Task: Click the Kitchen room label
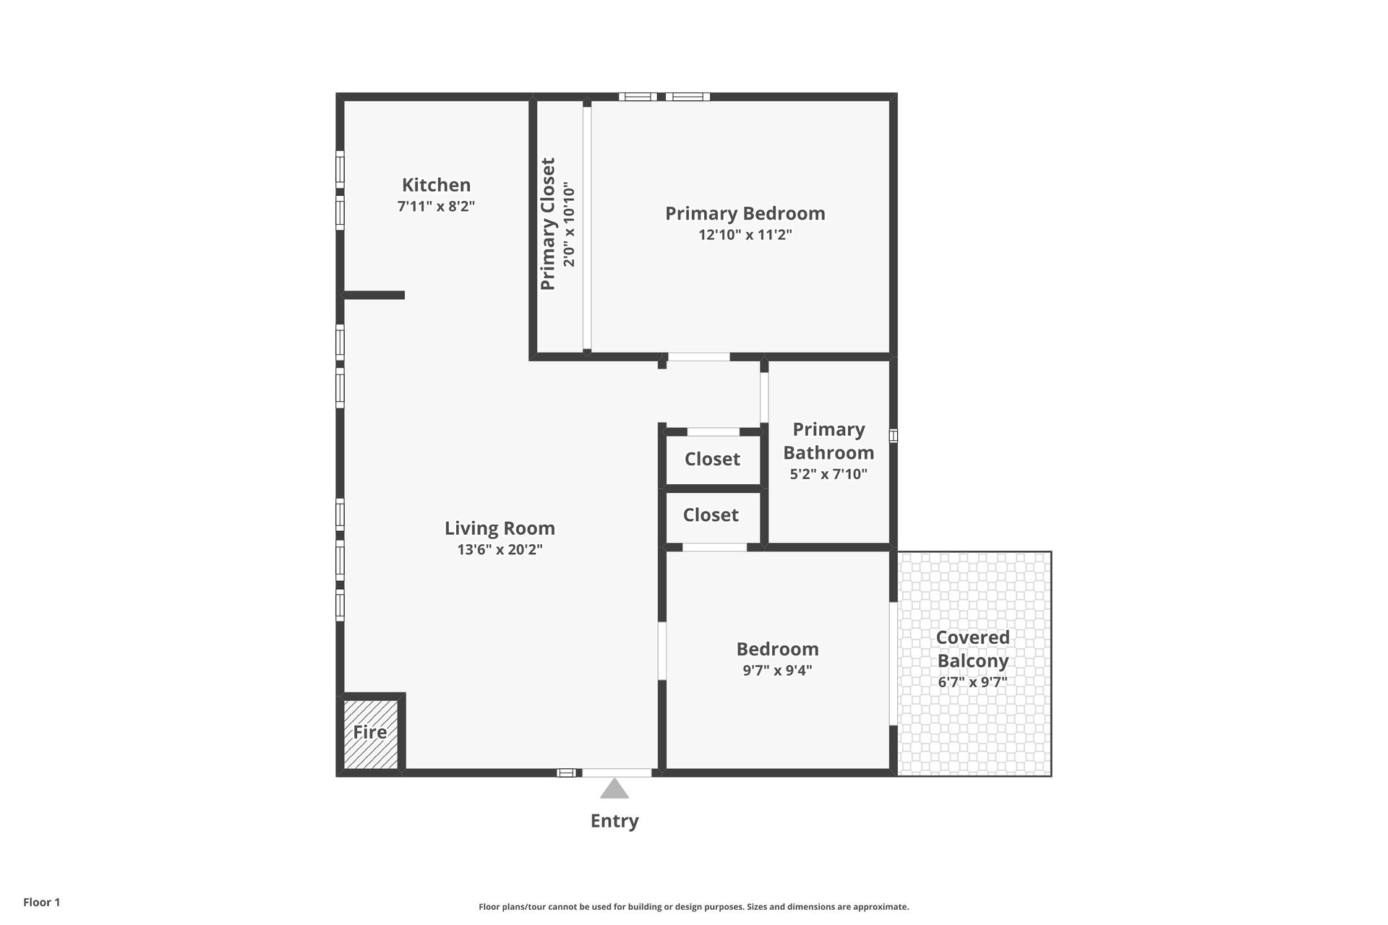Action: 436,185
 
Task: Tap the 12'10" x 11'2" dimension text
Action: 745,235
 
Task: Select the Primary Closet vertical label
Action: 548,224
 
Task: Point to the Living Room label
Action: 500,528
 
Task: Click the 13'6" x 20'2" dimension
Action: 500,549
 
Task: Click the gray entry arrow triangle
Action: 614,788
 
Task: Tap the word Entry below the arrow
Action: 614,821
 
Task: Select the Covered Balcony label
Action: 972,649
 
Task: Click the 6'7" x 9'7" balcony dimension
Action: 972,681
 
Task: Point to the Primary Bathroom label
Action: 828,441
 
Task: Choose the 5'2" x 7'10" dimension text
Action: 828,474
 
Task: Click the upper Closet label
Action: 712,459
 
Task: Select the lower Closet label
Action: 711,515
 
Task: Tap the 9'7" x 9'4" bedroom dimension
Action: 777,670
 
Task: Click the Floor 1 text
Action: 42,903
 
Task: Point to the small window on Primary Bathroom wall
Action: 894,436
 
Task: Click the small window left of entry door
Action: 566,773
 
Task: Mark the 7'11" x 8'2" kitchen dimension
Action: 436,206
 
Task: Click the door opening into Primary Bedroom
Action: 698,357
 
